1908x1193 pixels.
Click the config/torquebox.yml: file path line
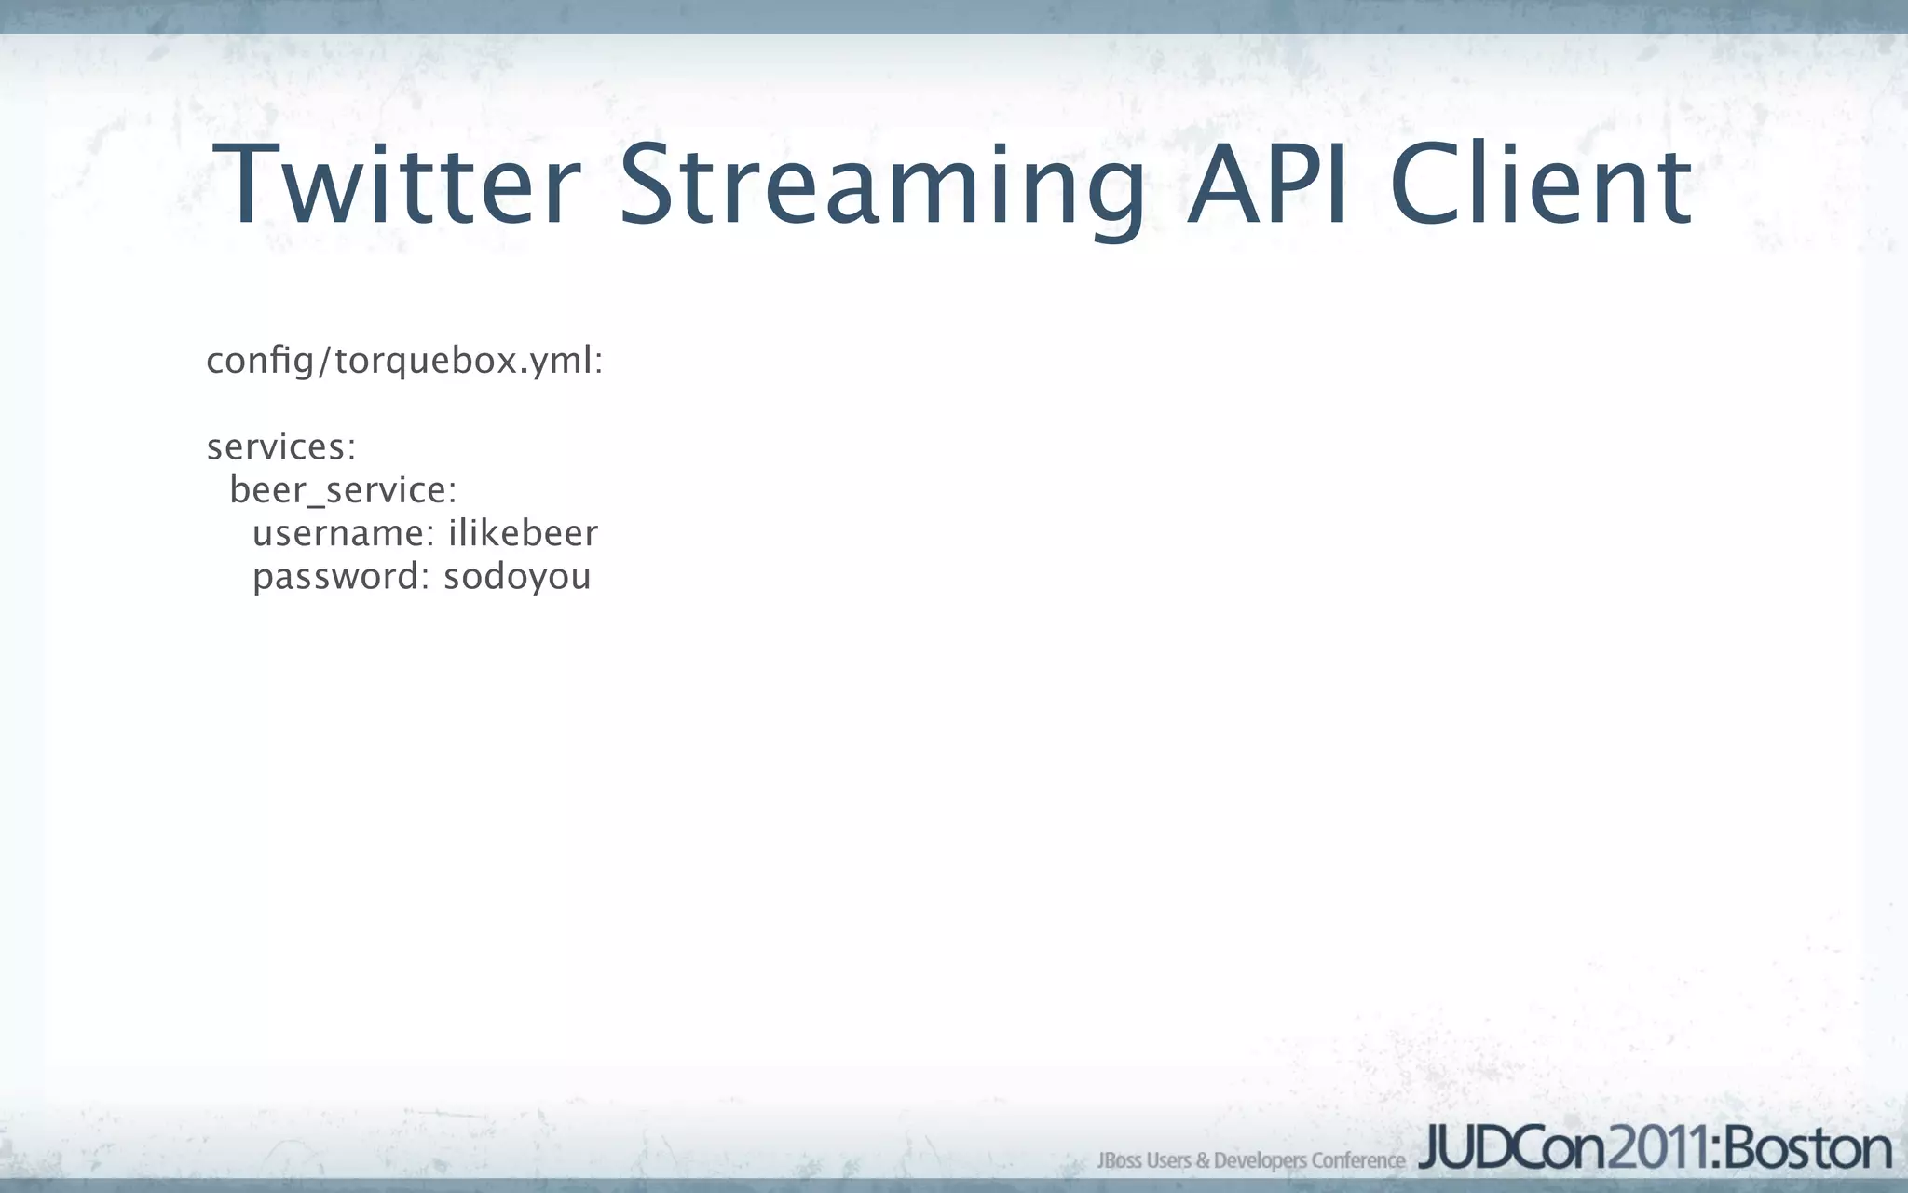click(x=404, y=361)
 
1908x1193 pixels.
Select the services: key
click(x=281, y=447)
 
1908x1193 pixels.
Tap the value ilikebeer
click(x=523, y=534)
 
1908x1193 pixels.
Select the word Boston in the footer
click(x=1807, y=1149)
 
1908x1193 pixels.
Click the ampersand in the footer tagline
click(x=1202, y=1160)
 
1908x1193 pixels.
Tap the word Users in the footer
click(x=1168, y=1160)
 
